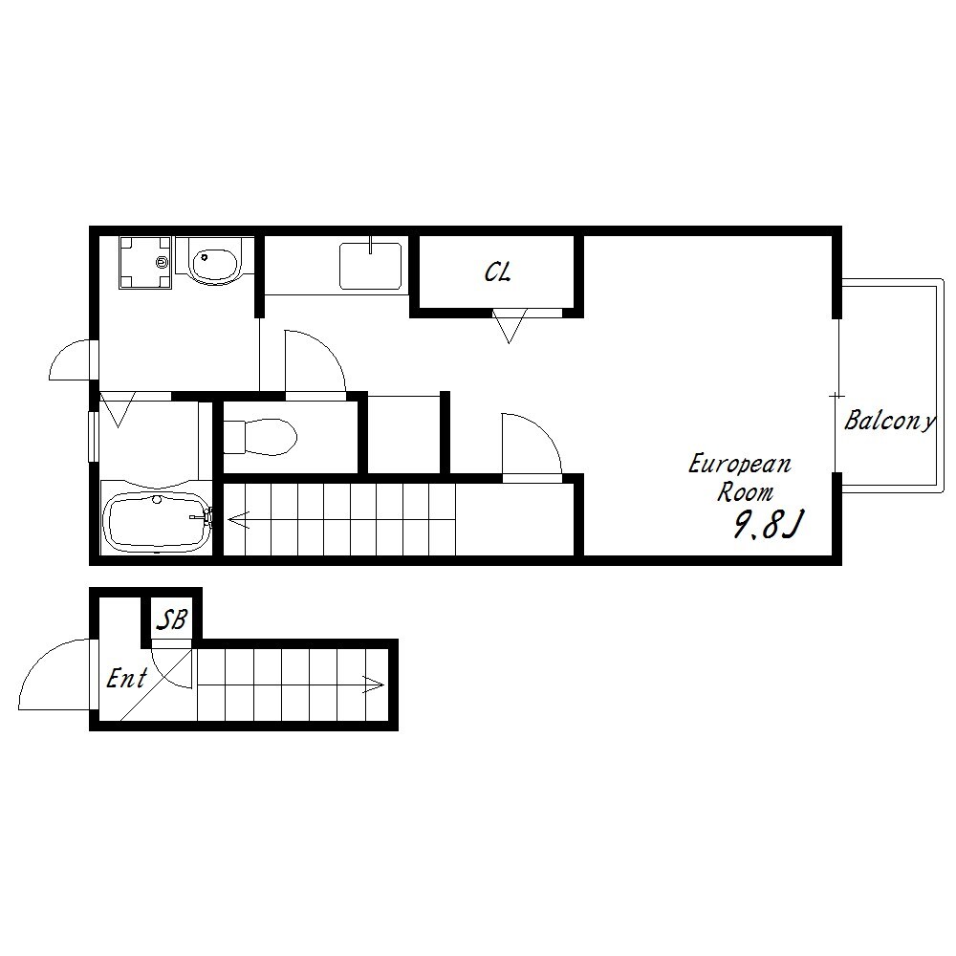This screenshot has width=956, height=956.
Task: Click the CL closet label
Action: click(497, 272)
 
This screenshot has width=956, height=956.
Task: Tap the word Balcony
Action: click(889, 421)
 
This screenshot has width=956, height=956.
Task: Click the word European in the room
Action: click(740, 465)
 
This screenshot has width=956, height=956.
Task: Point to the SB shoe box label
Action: click(172, 619)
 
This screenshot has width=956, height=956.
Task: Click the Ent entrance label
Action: click(127, 678)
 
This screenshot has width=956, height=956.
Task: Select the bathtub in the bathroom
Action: click(157, 520)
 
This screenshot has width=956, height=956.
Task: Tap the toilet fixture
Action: click(260, 437)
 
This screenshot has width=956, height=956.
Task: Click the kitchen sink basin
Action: click(371, 266)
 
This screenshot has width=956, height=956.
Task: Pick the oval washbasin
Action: click(214, 264)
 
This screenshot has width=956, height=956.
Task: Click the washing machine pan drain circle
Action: click(162, 263)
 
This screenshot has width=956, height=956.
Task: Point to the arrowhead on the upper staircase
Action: click(238, 520)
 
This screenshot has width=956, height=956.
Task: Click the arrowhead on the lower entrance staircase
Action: click(374, 684)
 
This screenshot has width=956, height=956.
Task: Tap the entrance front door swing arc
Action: click(43, 664)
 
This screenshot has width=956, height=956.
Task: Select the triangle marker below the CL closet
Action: click(510, 326)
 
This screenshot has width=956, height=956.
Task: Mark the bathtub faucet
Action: click(202, 517)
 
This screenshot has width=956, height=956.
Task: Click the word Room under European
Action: click(745, 492)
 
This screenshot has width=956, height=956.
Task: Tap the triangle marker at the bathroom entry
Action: click(117, 409)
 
